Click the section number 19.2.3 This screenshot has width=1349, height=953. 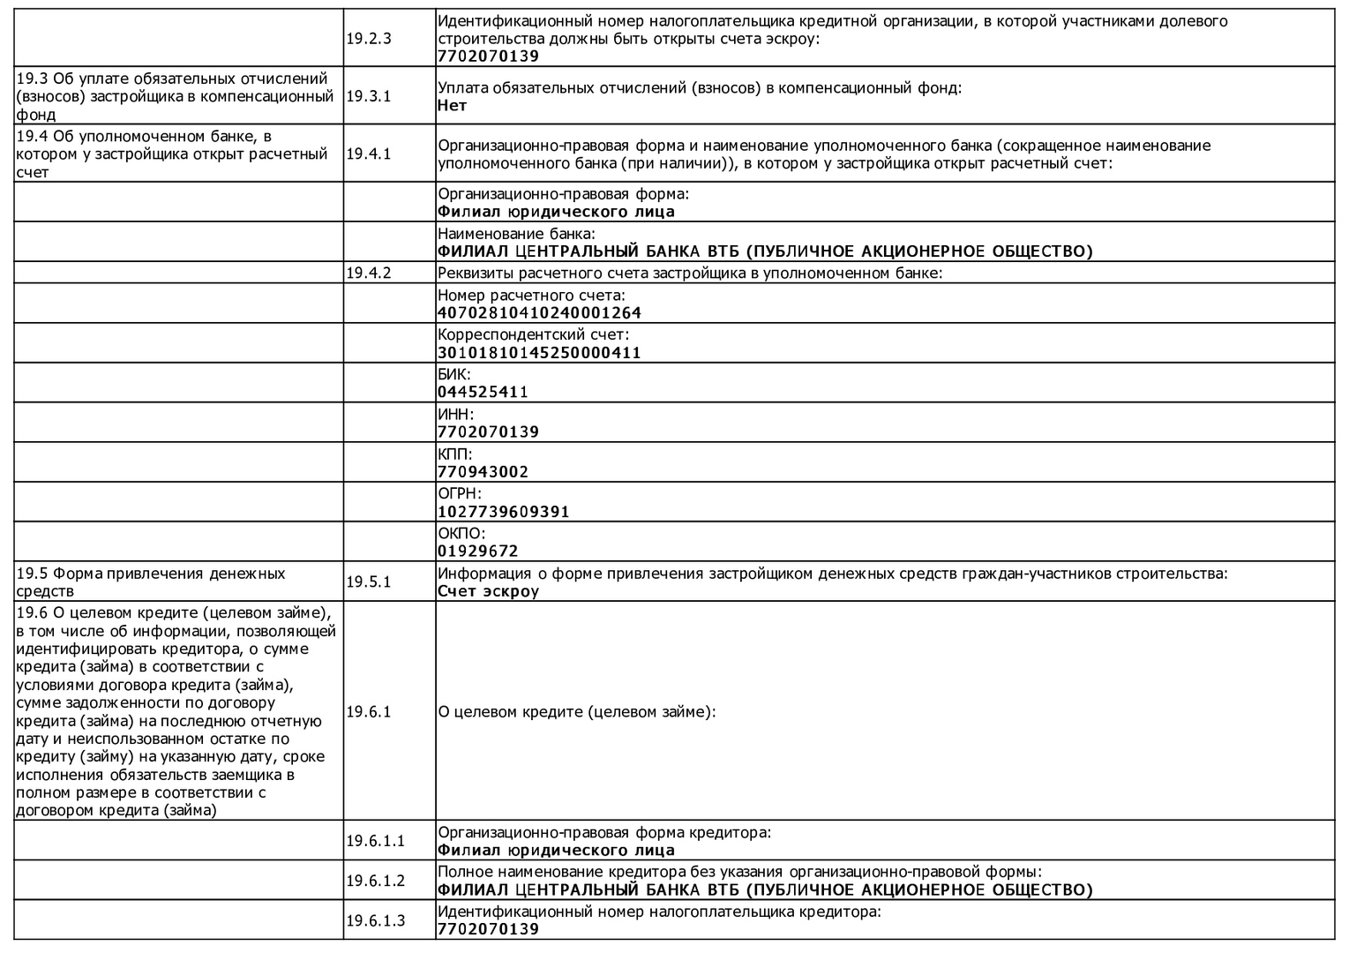click(x=368, y=39)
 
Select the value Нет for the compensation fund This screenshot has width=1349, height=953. click(x=452, y=106)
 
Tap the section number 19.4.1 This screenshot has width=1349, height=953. click(x=368, y=154)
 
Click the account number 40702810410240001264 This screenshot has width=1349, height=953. click(x=539, y=313)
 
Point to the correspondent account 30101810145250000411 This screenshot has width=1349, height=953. click(x=539, y=353)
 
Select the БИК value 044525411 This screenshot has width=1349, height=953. click(x=483, y=393)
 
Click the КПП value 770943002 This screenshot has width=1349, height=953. click(x=483, y=472)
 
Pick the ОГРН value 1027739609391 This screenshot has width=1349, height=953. click(x=504, y=512)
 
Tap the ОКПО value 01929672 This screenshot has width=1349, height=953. click(x=478, y=552)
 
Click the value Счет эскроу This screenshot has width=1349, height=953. click(x=488, y=591)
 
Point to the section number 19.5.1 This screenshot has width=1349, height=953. click(x=368, y=582)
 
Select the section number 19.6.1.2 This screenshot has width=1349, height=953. click(x=375, y=881)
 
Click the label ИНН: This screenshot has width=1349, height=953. click(x=455, y=415)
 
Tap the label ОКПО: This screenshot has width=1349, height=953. click(x=461, y=534)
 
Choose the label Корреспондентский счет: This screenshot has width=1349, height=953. click(x=534, y=335)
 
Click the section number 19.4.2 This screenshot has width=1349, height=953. click(x=368, y=273)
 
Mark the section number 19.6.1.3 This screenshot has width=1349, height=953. click(x=375, y=921)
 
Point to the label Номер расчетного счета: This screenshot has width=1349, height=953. click(x=531, y=296)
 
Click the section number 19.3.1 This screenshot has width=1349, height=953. click(x=368, y=96)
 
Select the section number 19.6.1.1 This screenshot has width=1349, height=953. click(x=375, y=841)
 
